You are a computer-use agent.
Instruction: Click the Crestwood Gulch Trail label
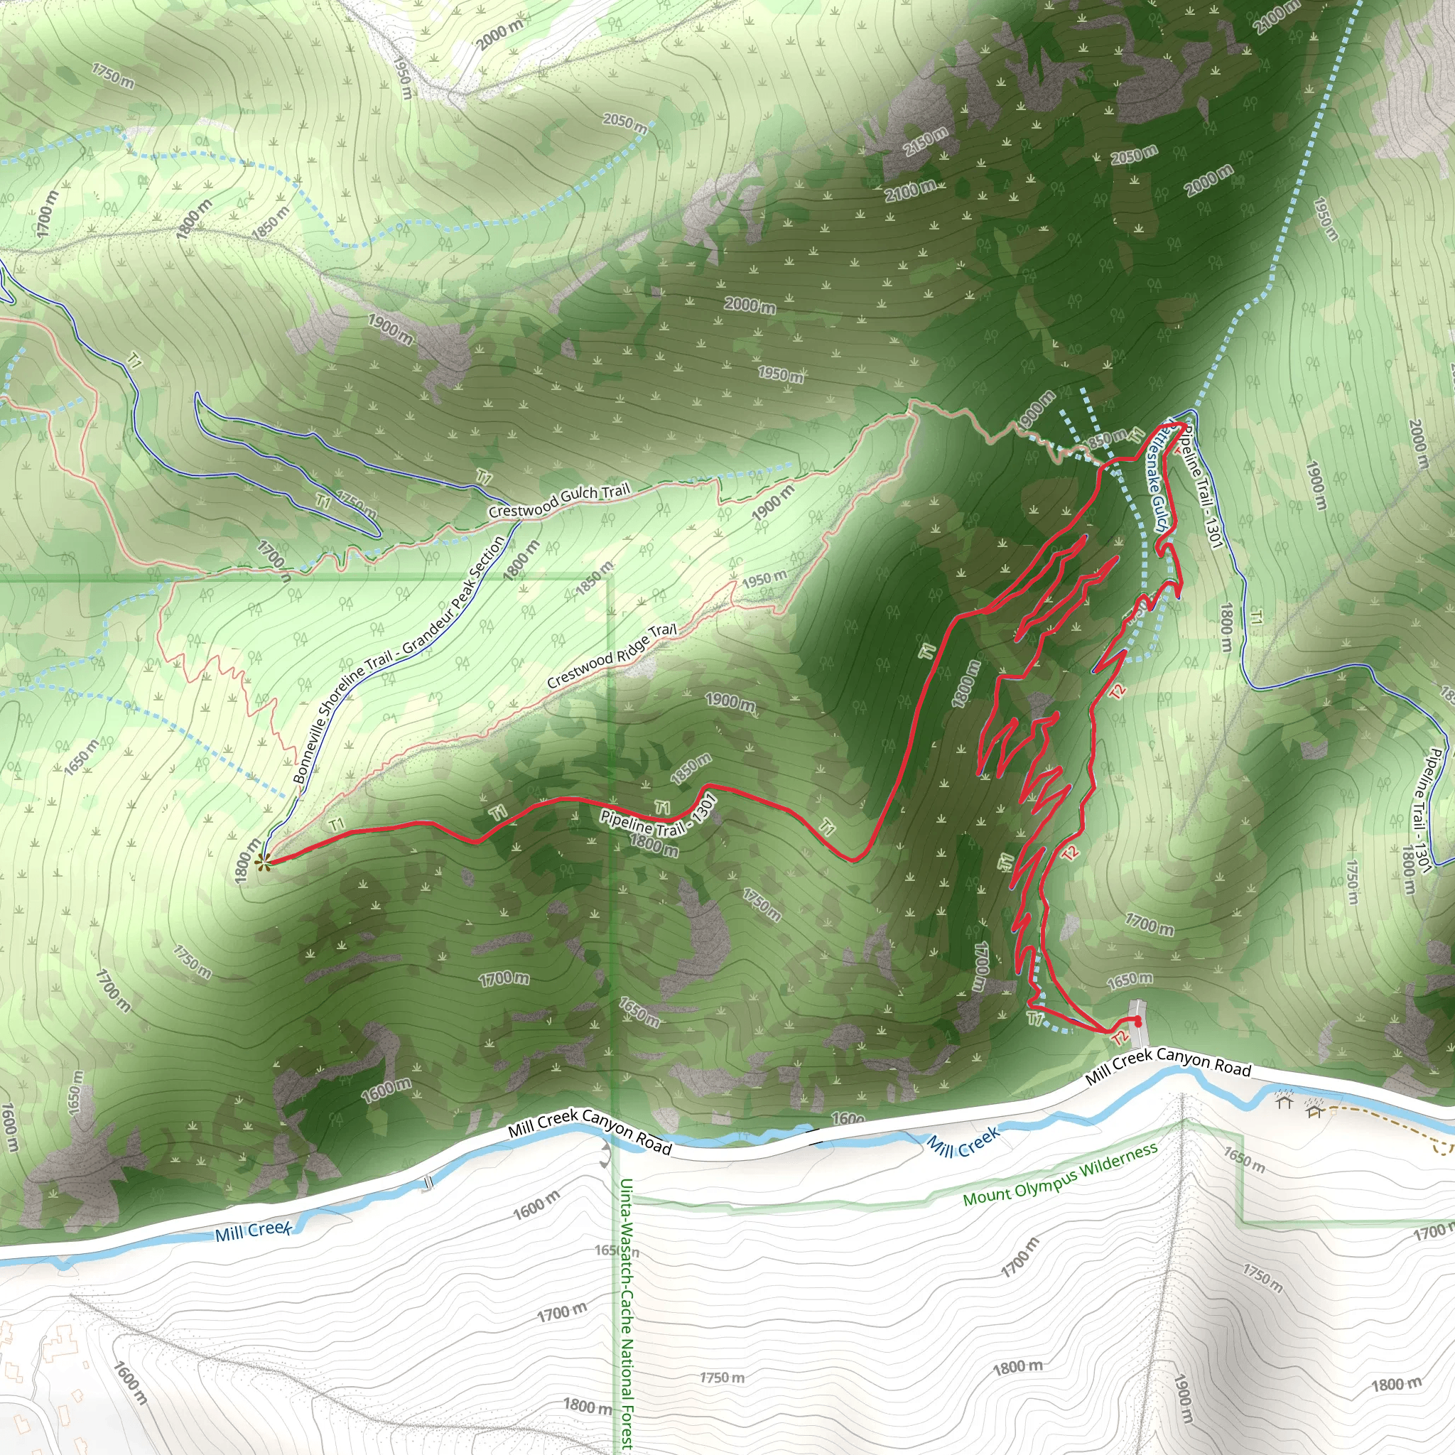coord(559,501)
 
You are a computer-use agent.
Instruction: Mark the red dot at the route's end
coord(1137,1022)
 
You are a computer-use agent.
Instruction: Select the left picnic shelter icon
coord(1283,1103)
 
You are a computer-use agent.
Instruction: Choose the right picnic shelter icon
coord(1315,1111)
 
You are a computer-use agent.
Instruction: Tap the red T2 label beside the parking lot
coord(1120,1039)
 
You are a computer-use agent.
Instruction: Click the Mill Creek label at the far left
coord(253,1230)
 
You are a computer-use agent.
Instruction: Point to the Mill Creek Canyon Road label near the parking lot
coord(1168,1064)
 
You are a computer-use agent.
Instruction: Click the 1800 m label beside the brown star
coord(247,861)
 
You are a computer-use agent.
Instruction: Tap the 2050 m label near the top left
coord(625,122)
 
